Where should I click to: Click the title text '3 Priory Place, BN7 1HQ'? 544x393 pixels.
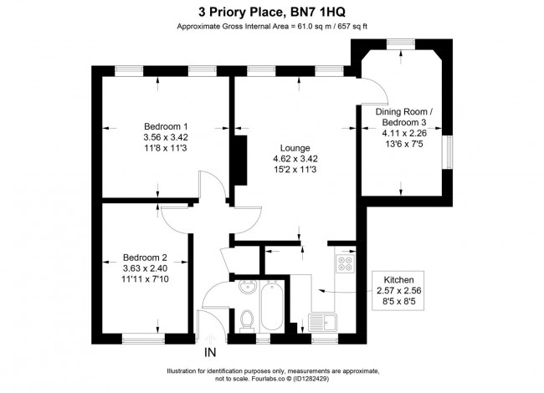[272, 12]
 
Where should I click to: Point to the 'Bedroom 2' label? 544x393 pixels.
[146, 257]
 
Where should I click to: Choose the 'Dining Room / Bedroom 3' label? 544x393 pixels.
[404, 118]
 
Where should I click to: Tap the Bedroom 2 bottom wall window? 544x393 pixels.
[143, 338]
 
